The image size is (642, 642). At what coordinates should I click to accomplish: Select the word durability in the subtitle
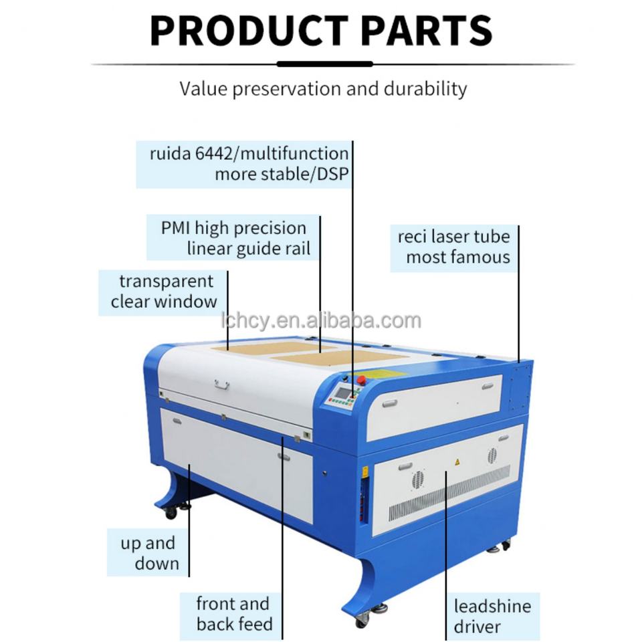coord(425,88)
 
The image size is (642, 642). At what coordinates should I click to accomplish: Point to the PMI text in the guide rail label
coord(176,228)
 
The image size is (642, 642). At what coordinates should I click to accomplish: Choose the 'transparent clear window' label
coord(164,292)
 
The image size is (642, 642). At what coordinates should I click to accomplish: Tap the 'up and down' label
coord(148,553)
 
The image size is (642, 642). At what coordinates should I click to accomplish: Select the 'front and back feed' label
coord(233,614)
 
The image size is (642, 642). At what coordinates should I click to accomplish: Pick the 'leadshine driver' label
coord(492,616)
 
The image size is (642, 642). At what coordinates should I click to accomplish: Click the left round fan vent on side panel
coord(419,479)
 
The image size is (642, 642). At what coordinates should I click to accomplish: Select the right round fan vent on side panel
coord(492,456)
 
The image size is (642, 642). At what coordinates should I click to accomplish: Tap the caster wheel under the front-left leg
coord(170,512)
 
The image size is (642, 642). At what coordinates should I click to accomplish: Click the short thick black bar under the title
coord(324,64)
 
